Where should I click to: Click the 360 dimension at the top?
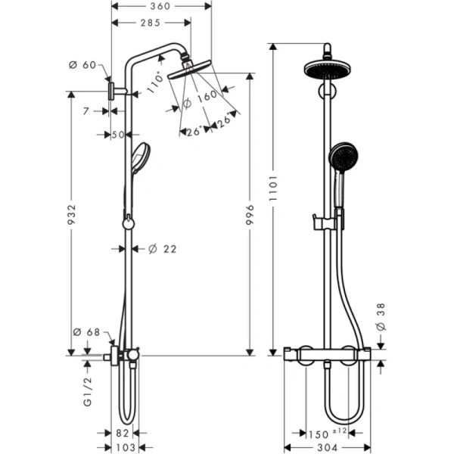click(x=160, y=6)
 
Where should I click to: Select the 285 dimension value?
click(x=151, y=23)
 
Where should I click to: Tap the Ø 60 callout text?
click(x=82, y=65)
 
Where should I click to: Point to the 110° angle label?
click(x=156, y=84)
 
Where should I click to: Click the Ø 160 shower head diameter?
click(x=201, y=99)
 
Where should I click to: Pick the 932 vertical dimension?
click(x=71, y=215)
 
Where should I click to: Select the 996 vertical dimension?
click(x=250, y=215)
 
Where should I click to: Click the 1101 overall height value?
click(x=273, y=188)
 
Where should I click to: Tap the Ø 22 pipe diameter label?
click(x=163, y=249)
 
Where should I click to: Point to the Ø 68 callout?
click(x=86, y=332)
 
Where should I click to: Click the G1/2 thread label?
click(x=87, y=392)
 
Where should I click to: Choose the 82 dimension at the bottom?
click(x=122, y=433)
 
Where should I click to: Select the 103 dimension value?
click(x=126, y=447)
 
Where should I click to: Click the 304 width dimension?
click(x=328, y=447)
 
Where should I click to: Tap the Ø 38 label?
click(x=381, y=316)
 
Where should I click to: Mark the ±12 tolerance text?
click(x=340, y=431)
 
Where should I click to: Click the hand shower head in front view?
click(x=343, y=157)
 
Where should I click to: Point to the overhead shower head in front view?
click(x=328, y=69)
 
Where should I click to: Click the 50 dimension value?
click(x=118, y=135)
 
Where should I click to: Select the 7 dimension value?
click(x=86, y=111)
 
